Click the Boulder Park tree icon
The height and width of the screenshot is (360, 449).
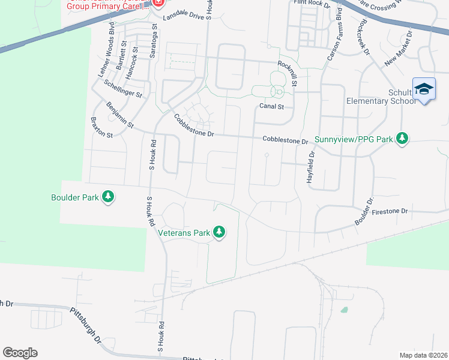(x=108, y=196)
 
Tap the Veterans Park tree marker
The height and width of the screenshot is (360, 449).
(x=219, y=232)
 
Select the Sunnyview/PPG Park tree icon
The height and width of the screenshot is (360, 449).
(x=402, y=139)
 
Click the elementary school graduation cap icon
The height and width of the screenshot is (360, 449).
(x=424, y=89)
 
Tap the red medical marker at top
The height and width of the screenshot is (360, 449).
(x=158, y=3)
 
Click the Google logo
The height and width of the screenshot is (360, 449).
(x=20, y=352)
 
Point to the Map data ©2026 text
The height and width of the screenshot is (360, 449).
(x=423, y=355)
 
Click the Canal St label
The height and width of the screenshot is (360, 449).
(x=271, y=107)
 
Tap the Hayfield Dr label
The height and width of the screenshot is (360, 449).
(x=311, y=166)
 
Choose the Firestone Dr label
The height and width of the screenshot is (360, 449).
(x=390, y=211)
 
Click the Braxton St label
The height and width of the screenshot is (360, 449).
(x=101, y=127)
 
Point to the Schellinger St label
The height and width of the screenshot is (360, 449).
(x=122, y=89)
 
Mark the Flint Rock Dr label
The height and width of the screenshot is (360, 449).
(x=312, y=4)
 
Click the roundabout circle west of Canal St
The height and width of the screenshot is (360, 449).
(x=278, y=92)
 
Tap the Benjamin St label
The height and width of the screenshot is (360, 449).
(x=119, y=115)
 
